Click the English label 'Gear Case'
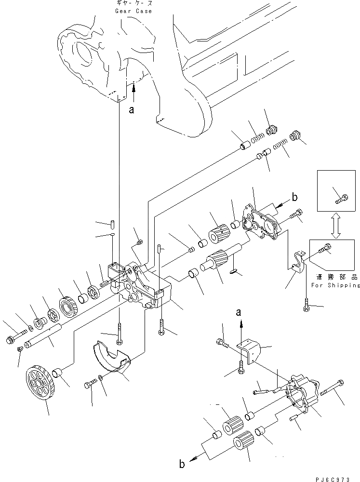(134, 11)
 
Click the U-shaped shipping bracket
(298, 263)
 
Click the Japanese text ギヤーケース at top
(134, 4)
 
